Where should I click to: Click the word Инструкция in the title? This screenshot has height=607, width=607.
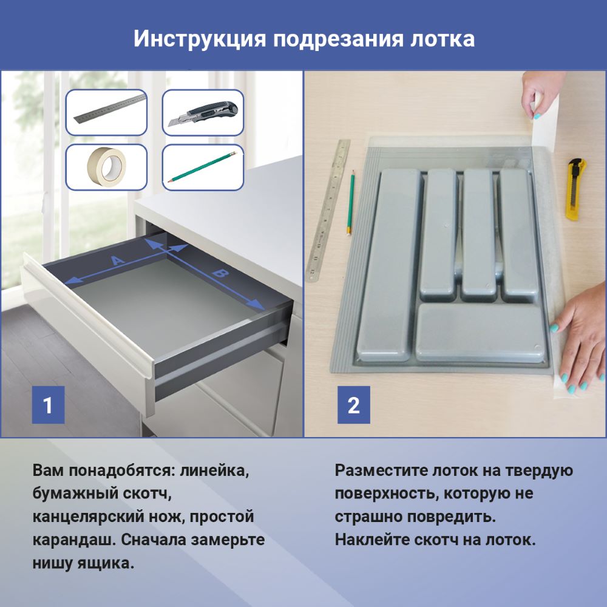coord(200,39)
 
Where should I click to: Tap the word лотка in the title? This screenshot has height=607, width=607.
coord(442,39)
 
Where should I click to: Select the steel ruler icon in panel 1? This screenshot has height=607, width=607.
coord(106,112)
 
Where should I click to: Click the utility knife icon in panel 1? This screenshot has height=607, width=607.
coord(203,113)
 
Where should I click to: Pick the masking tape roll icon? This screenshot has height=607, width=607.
coord(106,168)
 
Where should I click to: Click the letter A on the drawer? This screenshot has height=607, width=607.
coord(118,260)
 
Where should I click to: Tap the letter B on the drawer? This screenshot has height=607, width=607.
coord(221,274)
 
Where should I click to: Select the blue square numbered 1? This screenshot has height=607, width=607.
coord(48,404)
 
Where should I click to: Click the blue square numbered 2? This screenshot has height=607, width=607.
coord(354,404)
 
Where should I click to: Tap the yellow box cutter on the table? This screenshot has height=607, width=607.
coord(575,189)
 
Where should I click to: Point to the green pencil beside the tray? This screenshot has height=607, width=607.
coord(351,203)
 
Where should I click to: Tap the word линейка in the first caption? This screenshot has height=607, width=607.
coord(214,471)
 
